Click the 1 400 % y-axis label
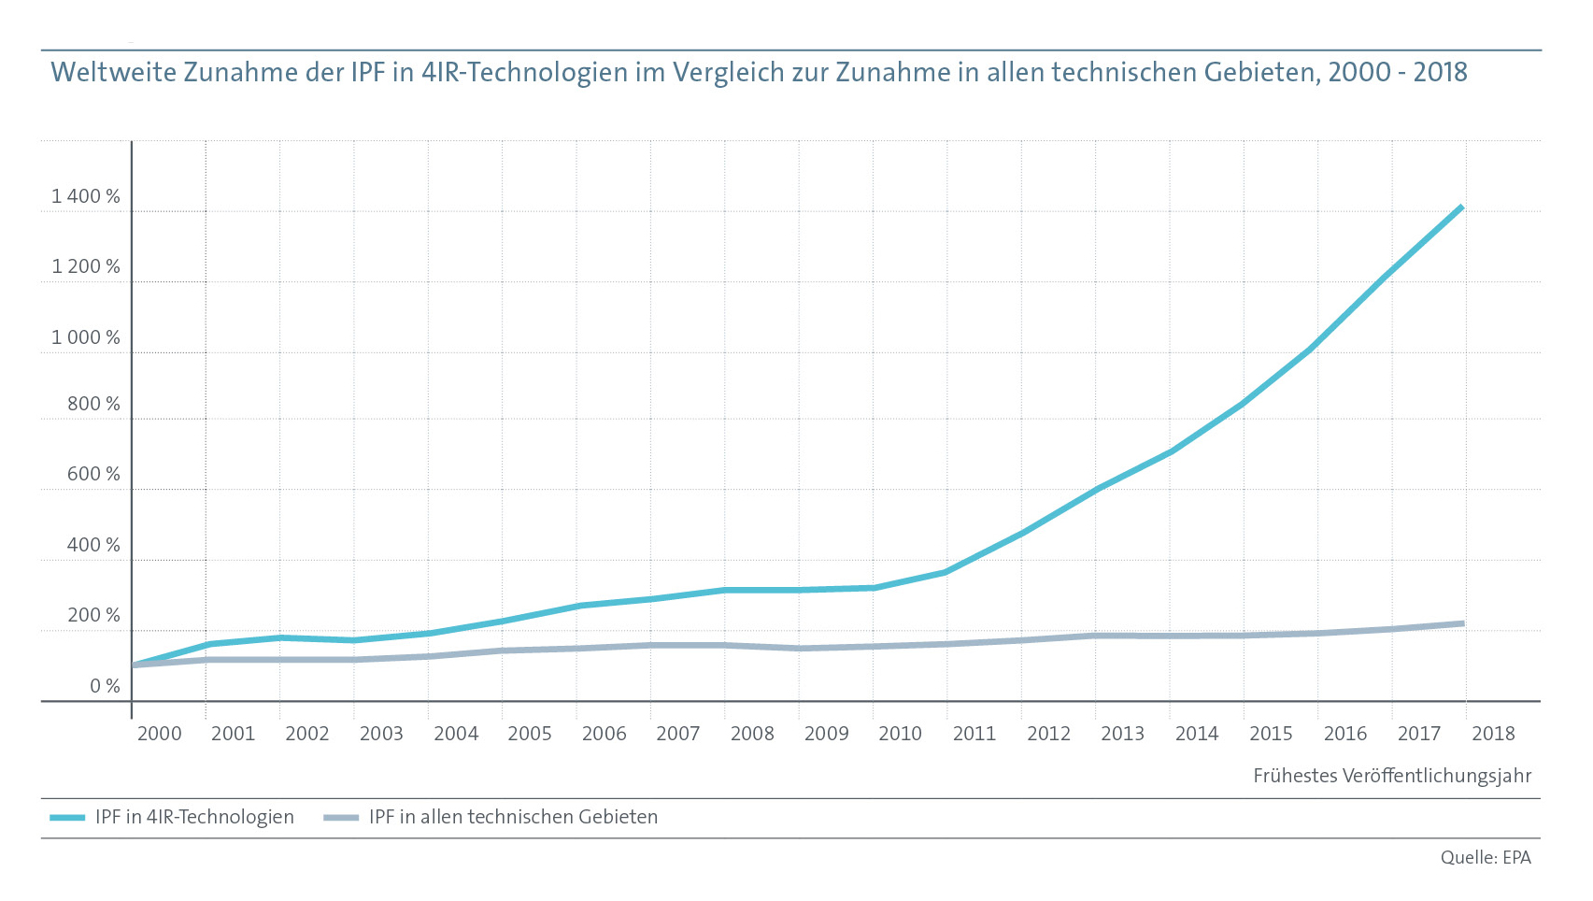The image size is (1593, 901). click(86, 196)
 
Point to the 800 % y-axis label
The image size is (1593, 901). click(93, 404)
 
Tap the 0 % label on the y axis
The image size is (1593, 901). click(106, 686)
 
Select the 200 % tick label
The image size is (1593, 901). click(93, 615)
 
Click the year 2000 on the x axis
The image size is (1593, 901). click(159, 734)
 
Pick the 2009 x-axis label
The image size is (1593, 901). click(826, 734)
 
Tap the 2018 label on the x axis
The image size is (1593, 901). click(1493, 734)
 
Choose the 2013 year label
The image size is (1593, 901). click(1122, 734)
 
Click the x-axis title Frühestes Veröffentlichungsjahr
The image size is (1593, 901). click(1392, 776)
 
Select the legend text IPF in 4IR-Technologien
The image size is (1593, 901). click(194, 817)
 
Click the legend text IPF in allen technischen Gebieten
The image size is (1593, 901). click(513, 817)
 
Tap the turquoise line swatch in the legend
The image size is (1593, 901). click(67, 818)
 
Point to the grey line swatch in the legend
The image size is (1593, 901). click(341, 818)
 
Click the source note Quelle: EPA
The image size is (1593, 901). click(1486, 857)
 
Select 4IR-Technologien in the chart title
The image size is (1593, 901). click(524, 72)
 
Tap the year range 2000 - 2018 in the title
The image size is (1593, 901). click(1397, 72)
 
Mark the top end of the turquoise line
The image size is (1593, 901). click(1461, 207)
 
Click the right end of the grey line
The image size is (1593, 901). click(1462, 623)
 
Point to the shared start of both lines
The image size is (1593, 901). click(133, 665)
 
